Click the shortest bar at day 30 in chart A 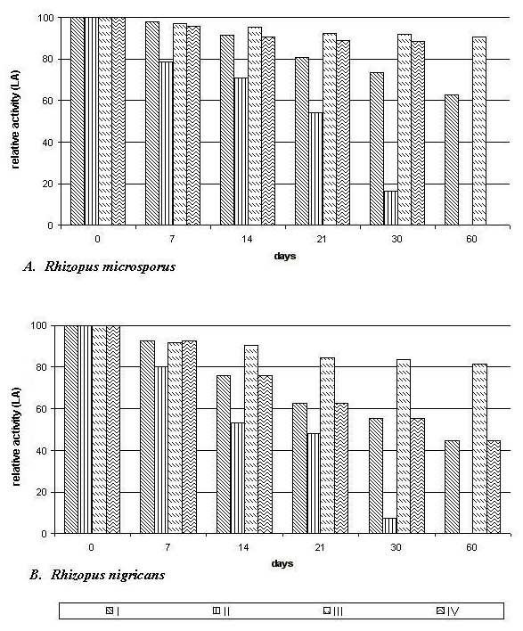pyautogui.click(x=390, y=208)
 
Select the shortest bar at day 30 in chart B pyautogui.click(x=389, y=526)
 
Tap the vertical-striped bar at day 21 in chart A pyautogui.click(x=315, y=168)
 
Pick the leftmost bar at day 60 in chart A pyautogui.click(x=452, y=160)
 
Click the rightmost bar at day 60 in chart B pyautogui.click(x=494, y=487)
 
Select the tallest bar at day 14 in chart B pyautogui.click(x=251, y=439)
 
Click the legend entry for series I pyautogui.click(x=112, y=611)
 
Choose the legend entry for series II pyautogui.click(x=221, y=611)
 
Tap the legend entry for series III pyautogui.click(x=333, y=611)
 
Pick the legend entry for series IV pyautogui.click(x=447, y=611)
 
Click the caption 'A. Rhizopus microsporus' pyautogui.click(x=100, y=266)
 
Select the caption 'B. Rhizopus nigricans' pyautogui.click(x=97, y=575)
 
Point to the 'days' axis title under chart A pyautogui.click(x=285, y=256)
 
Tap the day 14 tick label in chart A pyautogui.click(x=247, y=239)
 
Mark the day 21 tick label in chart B pyautogui.click(x=320, y=548)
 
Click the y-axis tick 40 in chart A pyautogui.click(x=48, y=142)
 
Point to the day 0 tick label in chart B pyautogui.click(x=91, y=548)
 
